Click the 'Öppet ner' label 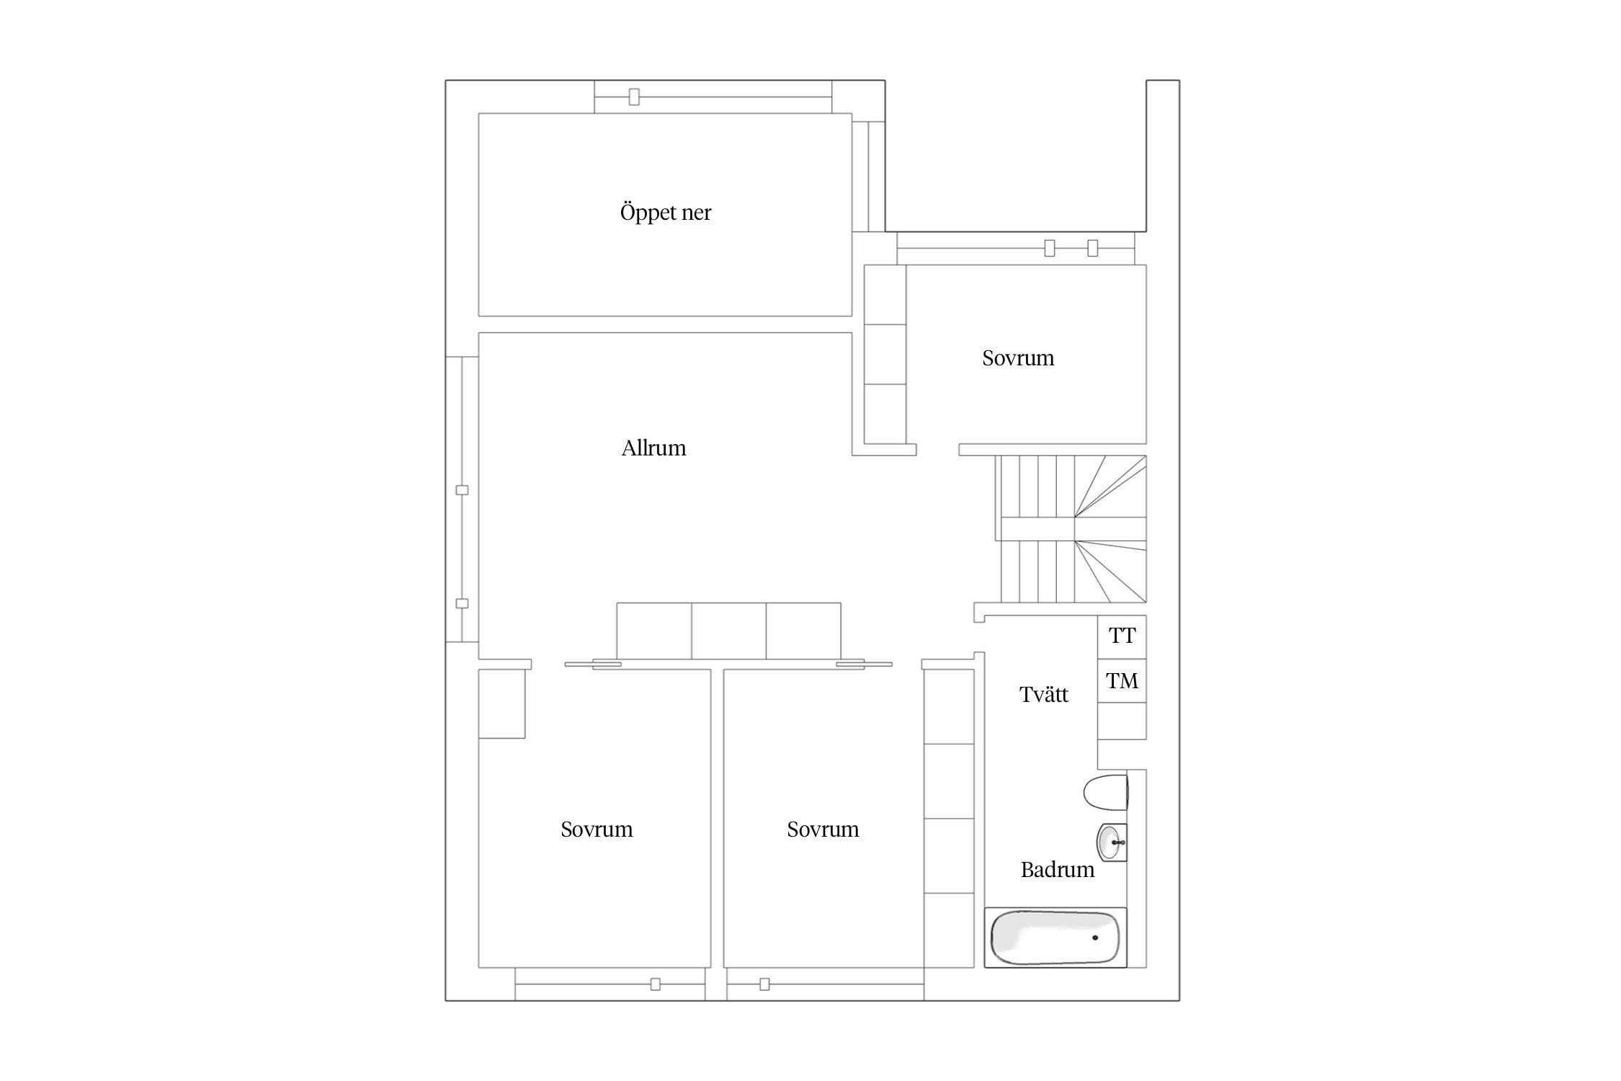pos(665,213)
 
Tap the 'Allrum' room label pos(653,448)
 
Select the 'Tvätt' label pos(1043,695)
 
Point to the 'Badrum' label pos(1057,870)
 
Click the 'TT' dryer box pos(1122,637)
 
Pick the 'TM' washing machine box pos(1122,681)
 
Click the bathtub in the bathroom pos(1055,938)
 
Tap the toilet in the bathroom pos(1106,793)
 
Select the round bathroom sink pos(1111,842)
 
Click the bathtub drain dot pos(1095,938)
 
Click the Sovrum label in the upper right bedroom pos(1017,358)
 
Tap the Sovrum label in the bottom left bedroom pos(597,829)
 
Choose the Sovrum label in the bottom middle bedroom pos(823,829)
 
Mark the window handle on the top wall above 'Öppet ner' pos(634,97)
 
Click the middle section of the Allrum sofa pos(728,631)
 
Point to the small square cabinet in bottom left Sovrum pos(501,703)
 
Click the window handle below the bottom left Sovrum pos(655,984)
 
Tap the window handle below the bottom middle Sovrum pos(764,984)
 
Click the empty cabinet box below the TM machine pos(1122,721)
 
